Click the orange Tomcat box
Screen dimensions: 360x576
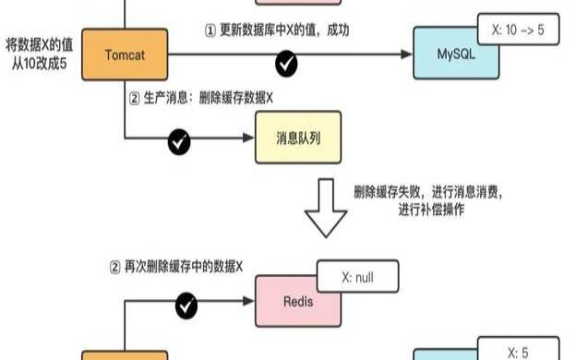tap(125, 54)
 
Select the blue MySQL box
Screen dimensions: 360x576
tap(459, 54)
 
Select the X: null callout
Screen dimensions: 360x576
tap(357, 275)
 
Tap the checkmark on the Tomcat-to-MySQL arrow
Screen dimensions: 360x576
tap(287, 64)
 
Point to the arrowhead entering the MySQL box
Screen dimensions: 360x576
tap(406, 54)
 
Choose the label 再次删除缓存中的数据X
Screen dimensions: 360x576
tap(175, 267)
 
